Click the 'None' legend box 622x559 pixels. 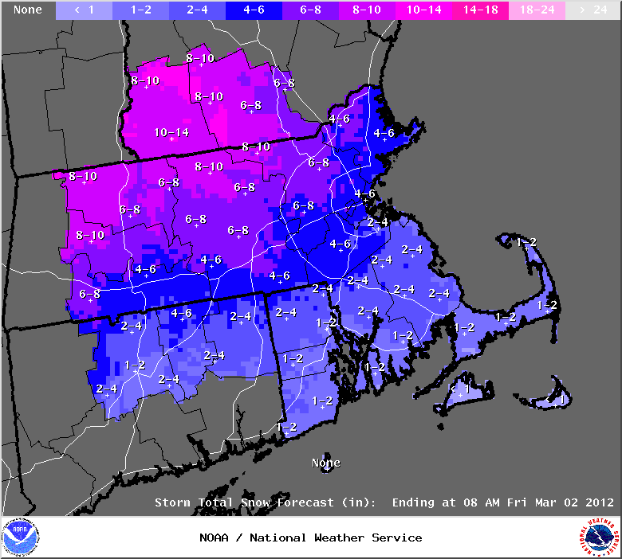point(28,10)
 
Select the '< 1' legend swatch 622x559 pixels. point(85,10)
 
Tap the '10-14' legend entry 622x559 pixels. point(424,10)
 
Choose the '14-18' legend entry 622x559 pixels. point(481,10)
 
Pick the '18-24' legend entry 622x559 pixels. point(537,10)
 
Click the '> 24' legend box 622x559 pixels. point(593,10)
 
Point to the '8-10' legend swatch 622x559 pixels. point(368,10)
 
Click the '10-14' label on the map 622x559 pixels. point(171,132)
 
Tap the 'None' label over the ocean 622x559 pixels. point(325,463)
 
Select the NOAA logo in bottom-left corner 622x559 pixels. point(20,537)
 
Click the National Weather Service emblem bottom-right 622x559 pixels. point(600,537)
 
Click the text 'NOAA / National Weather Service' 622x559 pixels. point(311,537)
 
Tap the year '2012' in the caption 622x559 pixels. point(597,502)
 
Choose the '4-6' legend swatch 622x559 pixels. point(254,10)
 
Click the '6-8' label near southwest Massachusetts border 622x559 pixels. point(90,294)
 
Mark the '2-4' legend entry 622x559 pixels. point(198,10)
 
